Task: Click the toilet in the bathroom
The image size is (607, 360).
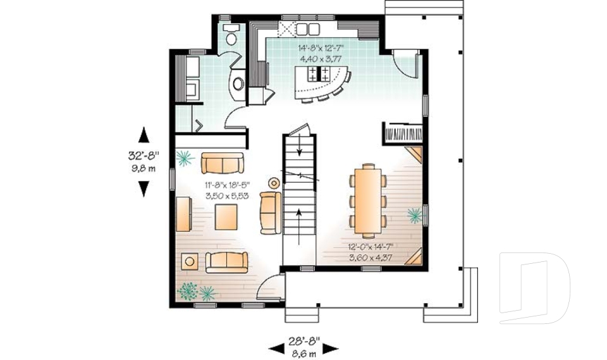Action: [231, 35]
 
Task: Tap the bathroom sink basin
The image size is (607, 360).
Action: [238, 83]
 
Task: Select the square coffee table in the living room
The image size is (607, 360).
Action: [226, 218]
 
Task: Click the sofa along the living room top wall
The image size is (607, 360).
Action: [223, 163]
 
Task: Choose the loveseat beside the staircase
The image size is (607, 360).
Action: [270, 213]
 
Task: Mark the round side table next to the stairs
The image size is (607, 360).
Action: [274, 183]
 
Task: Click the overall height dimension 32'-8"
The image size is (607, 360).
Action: [144, 154]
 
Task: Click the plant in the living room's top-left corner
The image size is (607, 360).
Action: [183, 158]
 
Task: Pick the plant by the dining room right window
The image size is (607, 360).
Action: [414, 216]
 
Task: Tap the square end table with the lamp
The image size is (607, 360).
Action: [189, 261]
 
